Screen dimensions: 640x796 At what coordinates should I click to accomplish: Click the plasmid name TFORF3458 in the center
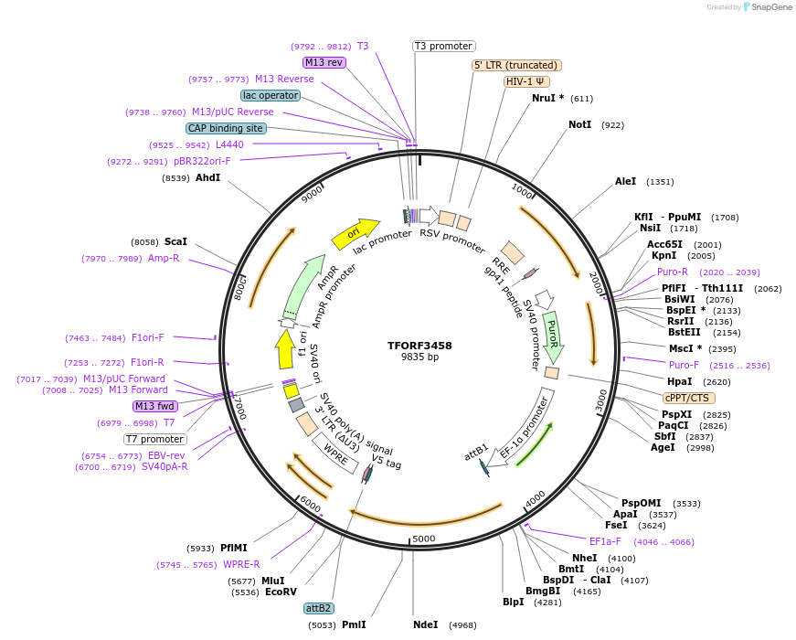[x=419, y=346]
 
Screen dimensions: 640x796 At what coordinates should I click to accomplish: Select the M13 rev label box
[x=324, y=62]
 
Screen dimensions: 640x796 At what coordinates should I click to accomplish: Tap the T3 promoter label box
[x=444, y=46]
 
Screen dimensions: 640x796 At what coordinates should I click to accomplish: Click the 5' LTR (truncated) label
[x=516, y=65]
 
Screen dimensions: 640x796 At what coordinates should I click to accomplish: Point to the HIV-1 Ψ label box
[x=526, y=81]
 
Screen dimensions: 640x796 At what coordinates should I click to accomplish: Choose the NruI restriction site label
[x=547, y=98]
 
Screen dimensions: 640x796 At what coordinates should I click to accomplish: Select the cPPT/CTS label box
[x=689, y=398]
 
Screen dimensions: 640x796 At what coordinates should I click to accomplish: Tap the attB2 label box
[x=319, y=608]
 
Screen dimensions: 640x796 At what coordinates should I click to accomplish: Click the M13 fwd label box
[x=155, y=406]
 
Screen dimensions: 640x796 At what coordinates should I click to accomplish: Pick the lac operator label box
[x=271, y=95]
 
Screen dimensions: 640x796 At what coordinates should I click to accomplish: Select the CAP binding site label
[x=226, y=129]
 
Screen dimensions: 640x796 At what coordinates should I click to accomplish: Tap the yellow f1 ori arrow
[x=284, y=349]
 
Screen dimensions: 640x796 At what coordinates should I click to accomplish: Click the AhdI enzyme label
[x=207, y=177]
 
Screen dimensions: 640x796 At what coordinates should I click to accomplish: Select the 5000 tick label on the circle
[x=423, y=539]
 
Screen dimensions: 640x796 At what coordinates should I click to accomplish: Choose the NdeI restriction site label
[x=426, y=625]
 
